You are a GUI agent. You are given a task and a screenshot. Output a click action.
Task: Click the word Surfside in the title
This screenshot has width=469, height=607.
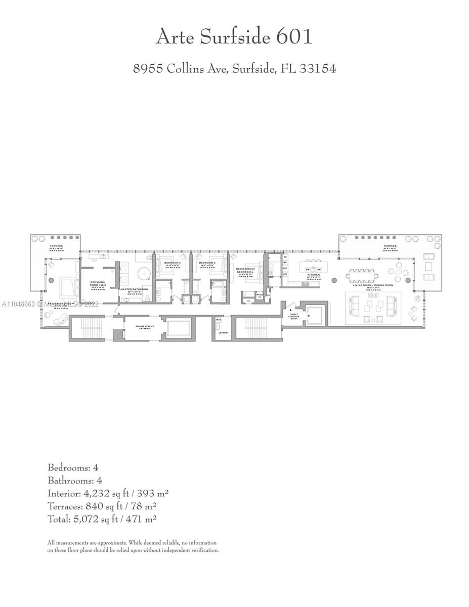(236, 37)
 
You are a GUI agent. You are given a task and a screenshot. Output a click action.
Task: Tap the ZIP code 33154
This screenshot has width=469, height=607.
(317, 68)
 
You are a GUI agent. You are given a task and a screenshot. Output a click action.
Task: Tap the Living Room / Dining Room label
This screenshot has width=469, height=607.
(374, 286)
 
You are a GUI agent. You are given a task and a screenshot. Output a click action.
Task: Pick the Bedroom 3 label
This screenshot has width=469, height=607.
(207, 263)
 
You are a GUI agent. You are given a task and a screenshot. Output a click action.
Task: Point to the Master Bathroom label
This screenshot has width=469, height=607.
(134, 289)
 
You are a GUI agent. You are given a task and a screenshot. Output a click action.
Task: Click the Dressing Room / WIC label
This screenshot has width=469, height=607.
(98, 284)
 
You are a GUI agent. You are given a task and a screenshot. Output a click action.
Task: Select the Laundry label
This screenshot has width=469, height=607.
(223, 332)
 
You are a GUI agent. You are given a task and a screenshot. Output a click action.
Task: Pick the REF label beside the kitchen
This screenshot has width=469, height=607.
(285, 268)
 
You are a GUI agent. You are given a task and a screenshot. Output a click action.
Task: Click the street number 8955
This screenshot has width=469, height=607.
(148, 68)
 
